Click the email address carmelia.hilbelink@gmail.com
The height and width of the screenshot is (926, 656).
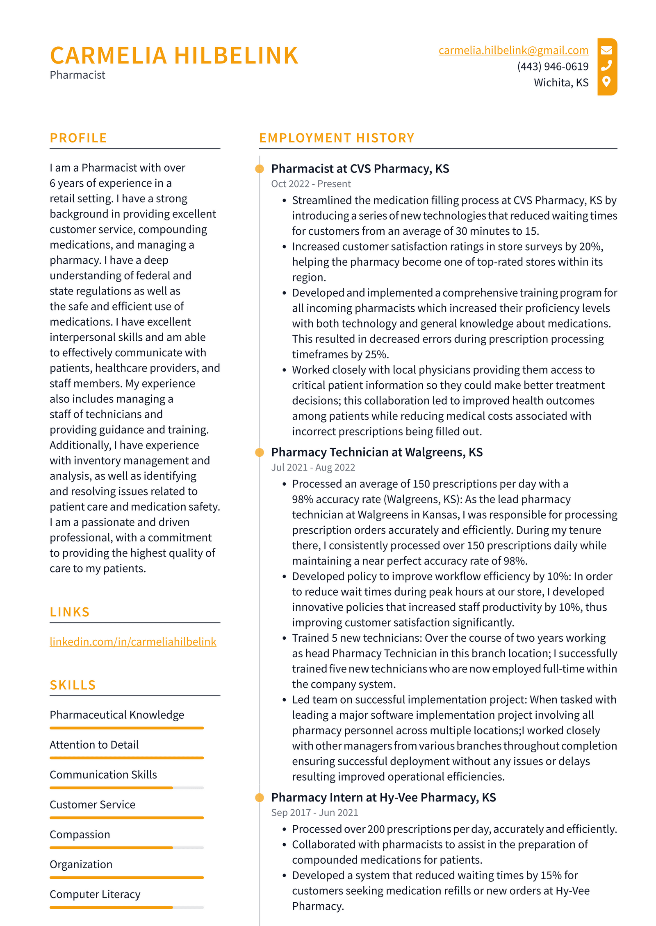513,50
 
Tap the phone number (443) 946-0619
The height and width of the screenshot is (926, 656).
552,66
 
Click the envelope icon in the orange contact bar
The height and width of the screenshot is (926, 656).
606,50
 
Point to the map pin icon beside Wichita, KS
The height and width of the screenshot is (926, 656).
606,82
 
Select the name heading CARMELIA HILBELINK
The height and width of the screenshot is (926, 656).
174,56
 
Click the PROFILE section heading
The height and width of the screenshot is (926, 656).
78,138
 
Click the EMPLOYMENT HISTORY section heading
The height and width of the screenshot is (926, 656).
337,138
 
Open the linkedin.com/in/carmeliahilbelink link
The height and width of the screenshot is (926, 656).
133,641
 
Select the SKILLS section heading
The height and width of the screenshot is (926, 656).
73,685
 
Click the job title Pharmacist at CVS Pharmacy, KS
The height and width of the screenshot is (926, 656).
360,169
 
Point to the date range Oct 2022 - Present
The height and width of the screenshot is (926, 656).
311,184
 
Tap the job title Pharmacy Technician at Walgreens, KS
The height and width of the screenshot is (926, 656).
377,452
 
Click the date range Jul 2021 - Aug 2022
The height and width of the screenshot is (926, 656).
313,467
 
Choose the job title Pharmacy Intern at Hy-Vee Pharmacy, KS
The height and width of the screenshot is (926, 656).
383,797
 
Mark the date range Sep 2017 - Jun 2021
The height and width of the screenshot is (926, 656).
314,813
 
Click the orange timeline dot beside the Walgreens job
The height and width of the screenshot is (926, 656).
260,452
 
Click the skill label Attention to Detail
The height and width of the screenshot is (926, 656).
94,745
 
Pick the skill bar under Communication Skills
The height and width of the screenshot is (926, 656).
127,788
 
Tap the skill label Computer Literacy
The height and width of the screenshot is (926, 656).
95,894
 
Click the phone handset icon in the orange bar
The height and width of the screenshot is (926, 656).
606,66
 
